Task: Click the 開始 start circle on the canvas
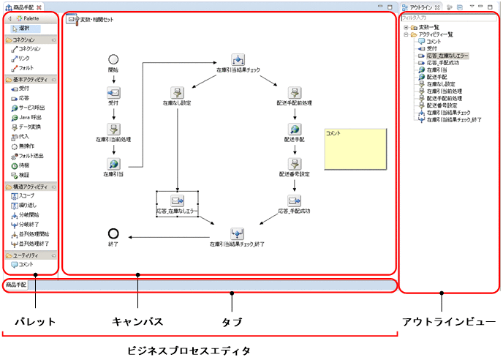click(x=113, y=59)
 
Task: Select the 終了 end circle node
click(x=113, y=234)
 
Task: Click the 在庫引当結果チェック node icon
click(x=238, y=59)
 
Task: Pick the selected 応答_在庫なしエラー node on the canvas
click(x=177, y=200)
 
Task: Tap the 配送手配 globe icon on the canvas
click(x=290, y=128)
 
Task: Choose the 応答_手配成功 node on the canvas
click(x=294, y=200)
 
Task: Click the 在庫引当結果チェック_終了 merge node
click(x=238, y=233)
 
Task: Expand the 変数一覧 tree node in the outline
click(x=406, y=27)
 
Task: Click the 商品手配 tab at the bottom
click(x=15, y=284)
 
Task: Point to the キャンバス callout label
click(x=137, y=321)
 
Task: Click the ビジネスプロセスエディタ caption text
click(x=200, y=350)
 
